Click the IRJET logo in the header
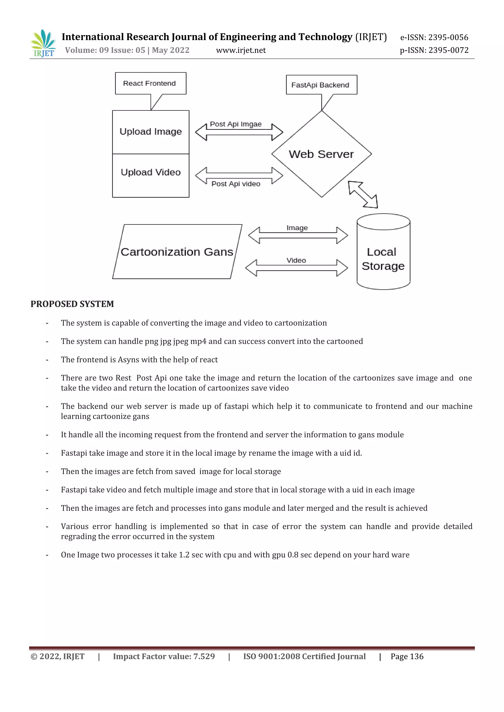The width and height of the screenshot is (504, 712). tap(43, 44)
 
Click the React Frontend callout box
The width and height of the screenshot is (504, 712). tap(151, 83)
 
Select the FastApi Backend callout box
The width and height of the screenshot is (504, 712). tap(321, 85)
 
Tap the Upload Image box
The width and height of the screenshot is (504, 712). tap(151, 132)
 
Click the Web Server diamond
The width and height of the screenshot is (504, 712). tap(321, 154)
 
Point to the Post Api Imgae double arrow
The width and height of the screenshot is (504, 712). tap(239, 132)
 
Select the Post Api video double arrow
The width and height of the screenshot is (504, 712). tap(239, 176)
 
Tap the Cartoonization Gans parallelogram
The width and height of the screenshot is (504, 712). tap(177, 252)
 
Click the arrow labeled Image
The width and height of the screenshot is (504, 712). tap(298, 235)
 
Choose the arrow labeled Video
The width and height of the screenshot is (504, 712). tap(296, 268)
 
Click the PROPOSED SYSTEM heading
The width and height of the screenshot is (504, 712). tap(72, 304)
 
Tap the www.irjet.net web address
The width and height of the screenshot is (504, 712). tap(241, 50)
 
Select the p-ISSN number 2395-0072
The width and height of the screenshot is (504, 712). tap(448, 50)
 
